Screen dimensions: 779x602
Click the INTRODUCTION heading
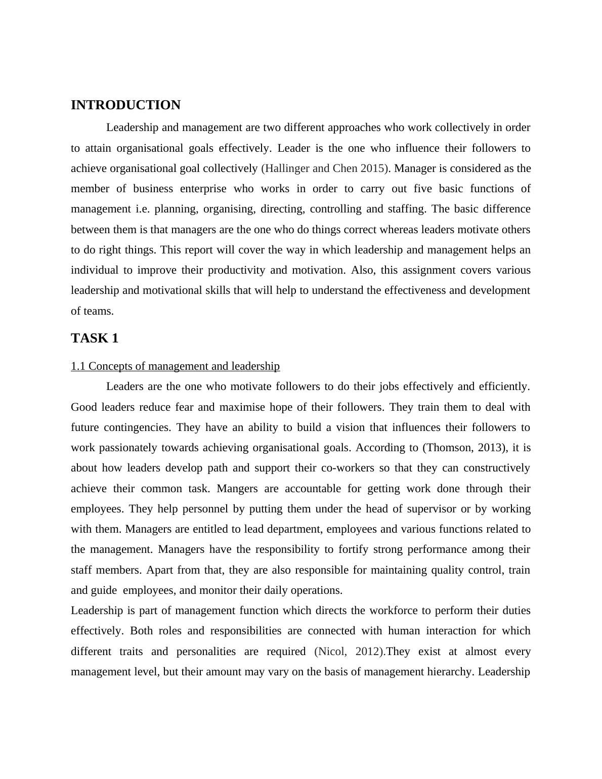(x=125, y=105)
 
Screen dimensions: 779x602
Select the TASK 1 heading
(x=95, y=338)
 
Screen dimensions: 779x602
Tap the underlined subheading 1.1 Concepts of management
(x=175, y=366)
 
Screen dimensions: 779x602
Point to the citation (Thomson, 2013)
(x=465, y=448)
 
